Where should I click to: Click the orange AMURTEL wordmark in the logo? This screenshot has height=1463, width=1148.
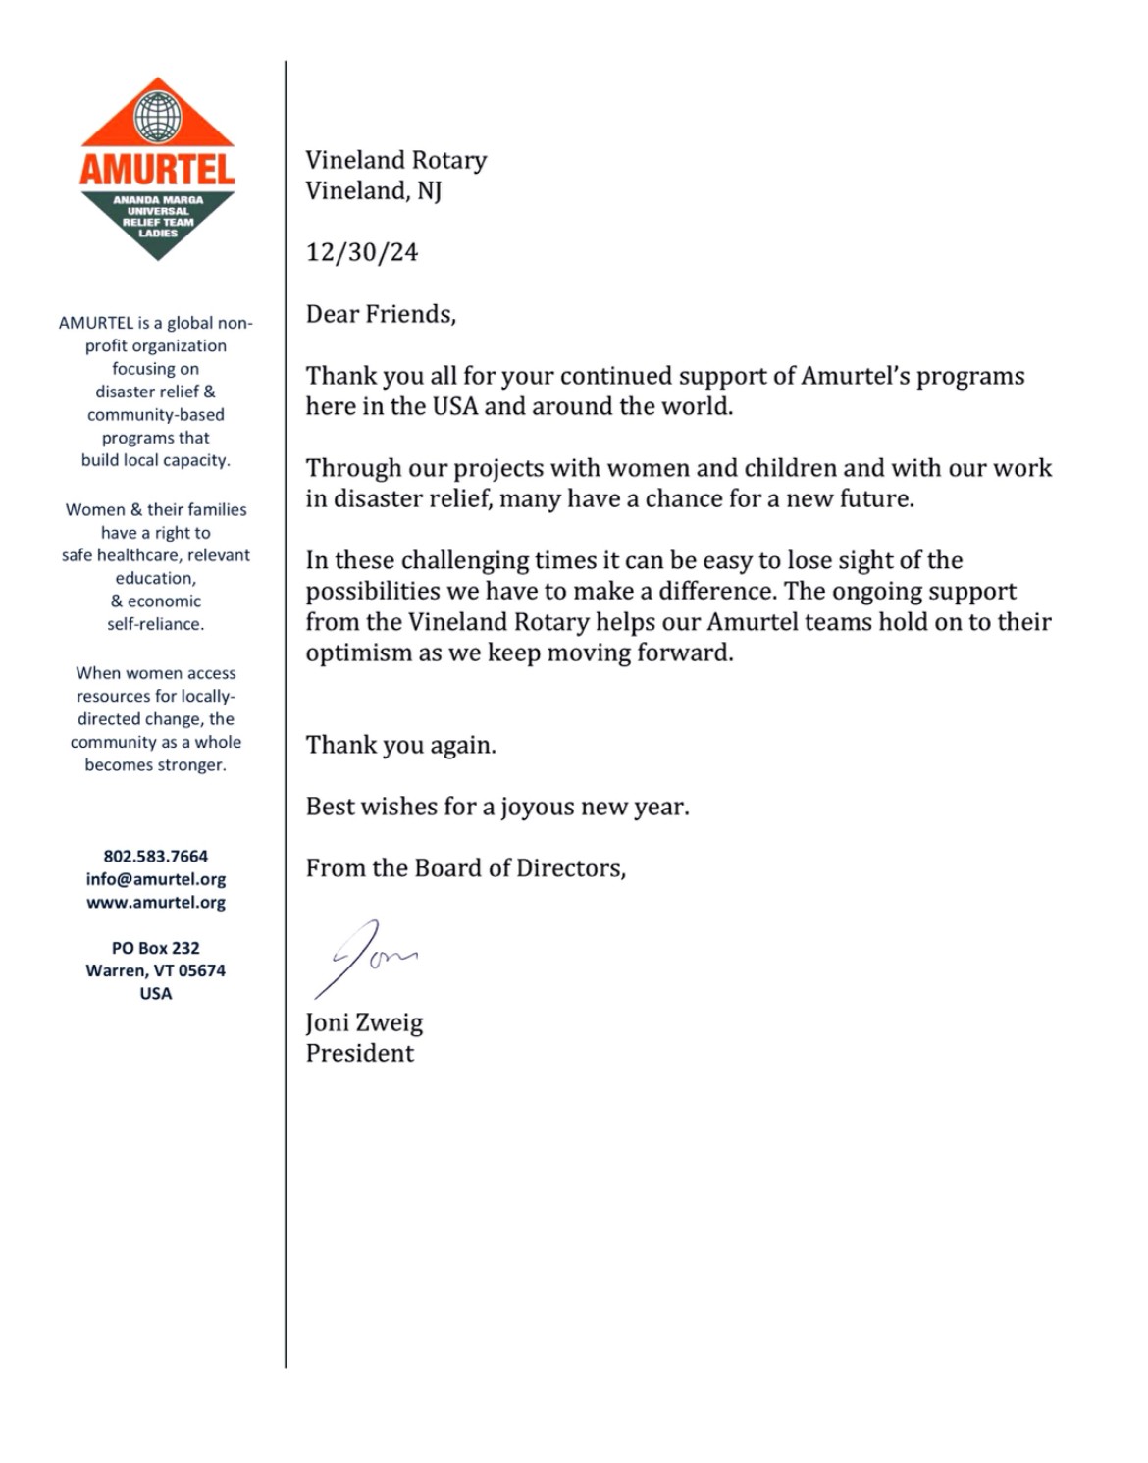[157, 169]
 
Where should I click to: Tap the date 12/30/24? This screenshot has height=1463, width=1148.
[362, 252]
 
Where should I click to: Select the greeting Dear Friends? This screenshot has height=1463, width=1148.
[381, 314]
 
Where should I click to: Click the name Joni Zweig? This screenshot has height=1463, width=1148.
[364, 1022]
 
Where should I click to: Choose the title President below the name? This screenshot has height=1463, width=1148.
[360, 1053]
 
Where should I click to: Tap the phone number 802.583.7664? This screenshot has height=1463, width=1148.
[156, 857]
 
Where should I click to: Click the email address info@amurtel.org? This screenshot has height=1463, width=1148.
[156, 879]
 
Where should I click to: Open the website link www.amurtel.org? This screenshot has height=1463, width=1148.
[156, 902]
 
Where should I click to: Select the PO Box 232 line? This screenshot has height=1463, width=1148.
[156, 948]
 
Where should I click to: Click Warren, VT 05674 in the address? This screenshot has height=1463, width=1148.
[156, 970]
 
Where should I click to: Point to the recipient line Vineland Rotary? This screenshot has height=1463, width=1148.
[396, 160]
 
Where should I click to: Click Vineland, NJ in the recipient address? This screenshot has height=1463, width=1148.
[374, 190]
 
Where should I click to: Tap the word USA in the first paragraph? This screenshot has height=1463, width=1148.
[455, 406]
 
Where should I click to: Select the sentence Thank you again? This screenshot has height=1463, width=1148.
[401, 745]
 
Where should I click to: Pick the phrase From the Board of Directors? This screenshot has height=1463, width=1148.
[466, 868]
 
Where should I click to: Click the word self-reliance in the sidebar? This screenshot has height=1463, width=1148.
[156, 624]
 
